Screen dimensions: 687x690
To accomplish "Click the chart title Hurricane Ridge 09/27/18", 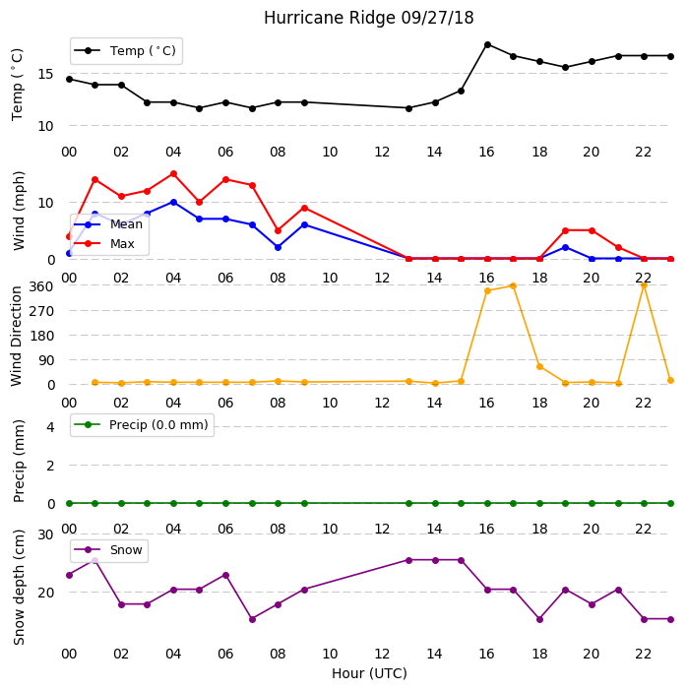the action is point(368,18).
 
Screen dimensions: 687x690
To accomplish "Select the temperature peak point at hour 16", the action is point(487,45).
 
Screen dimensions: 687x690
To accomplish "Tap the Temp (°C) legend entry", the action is point(125,51).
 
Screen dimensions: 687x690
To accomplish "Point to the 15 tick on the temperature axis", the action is point(45,74).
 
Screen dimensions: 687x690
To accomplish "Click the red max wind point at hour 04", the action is point(173,174).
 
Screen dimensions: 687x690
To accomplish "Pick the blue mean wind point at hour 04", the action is point(173,203).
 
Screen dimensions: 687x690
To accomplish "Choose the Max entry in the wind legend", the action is point(104,244).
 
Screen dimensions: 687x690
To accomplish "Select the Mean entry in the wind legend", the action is point(108,224).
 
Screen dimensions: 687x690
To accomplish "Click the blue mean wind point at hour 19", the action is point(566,248).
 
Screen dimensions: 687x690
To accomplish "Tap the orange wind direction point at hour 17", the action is point(513,286).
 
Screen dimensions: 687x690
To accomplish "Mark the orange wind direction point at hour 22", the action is point(644,285).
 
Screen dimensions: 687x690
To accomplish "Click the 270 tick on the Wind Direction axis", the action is point(41,311).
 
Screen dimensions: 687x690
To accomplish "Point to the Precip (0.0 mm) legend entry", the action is point(142,425).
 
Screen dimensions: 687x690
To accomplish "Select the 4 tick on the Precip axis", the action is point(50,427).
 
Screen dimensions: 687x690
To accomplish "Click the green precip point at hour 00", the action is point(69,503).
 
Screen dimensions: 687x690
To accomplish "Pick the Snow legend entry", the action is point(108,550).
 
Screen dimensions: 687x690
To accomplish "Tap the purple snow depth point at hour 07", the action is point(252,619).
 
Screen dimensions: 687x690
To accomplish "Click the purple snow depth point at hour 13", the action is point(408,561).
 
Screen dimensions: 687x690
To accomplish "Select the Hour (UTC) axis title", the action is point(369,673).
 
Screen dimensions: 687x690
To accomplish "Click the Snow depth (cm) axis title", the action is point(19,588).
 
